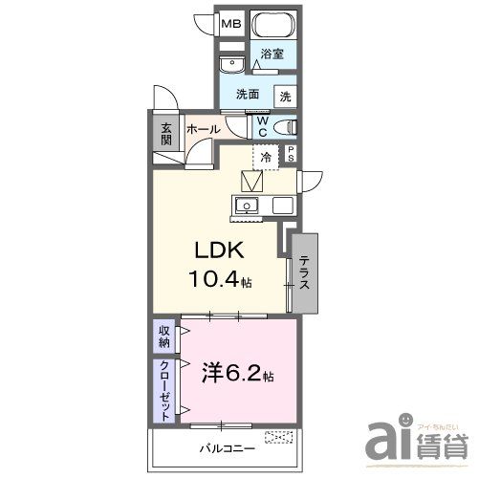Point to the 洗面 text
250,95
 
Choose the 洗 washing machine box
285,96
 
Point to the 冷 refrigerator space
266,156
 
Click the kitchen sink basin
247,206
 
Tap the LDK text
222,250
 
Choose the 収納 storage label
164,336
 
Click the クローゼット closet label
164,391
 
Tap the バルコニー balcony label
228,446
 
